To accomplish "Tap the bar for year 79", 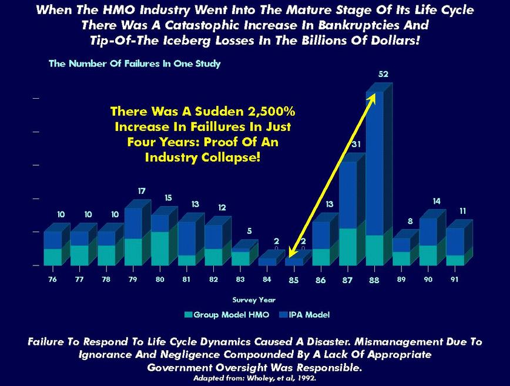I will (133, 235).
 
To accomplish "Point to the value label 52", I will (384, 75).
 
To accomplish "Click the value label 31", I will (356, 144).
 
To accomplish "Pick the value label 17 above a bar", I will (142, 191).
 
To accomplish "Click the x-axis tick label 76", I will (53, 280).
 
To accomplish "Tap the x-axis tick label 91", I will (454, 280).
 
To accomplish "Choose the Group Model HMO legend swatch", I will (188, 315).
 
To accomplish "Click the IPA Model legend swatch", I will (283, 315).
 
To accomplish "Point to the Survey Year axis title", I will (253, 300).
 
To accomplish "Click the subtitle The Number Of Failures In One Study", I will (135, 63).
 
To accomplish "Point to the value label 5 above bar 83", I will (249, 231).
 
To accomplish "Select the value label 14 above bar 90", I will (436, 201).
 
